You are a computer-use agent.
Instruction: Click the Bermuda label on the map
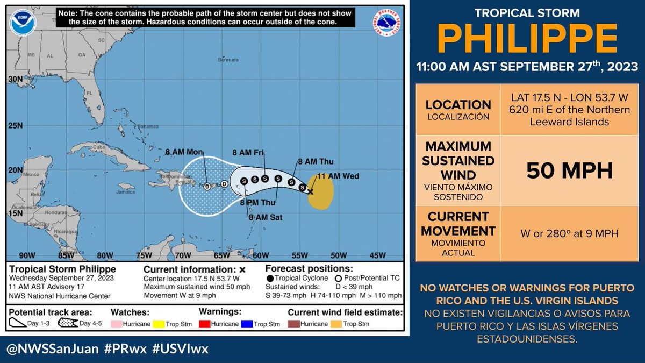227,60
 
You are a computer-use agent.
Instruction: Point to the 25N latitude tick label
15,126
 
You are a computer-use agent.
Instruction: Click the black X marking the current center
310,191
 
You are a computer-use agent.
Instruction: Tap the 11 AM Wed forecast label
338,176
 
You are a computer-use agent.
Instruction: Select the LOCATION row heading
458,105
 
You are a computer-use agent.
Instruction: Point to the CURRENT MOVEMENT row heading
458,224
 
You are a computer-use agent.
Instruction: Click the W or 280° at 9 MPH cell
569,234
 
